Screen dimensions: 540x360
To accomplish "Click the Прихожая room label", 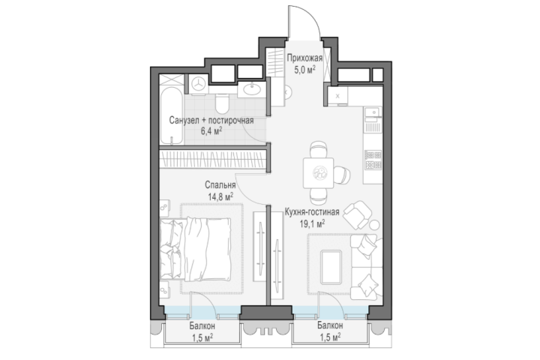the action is point(304,58).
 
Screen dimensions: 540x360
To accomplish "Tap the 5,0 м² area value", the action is point(304,70).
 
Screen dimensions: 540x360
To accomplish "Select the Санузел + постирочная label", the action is point(211,121).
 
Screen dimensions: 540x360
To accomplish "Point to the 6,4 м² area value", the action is point(211,131).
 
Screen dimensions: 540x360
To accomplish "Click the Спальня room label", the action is point(220,185).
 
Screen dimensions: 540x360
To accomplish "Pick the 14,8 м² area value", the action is point(220,196).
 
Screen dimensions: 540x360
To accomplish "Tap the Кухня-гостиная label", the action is point(312,211).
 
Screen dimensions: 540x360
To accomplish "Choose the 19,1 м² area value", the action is point(312,224).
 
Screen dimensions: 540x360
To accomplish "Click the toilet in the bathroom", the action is point(222,103).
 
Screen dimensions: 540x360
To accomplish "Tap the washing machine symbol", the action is point(198,84).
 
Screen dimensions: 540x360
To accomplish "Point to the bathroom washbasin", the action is point(252,89).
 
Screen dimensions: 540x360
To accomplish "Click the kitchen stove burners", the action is point(373,160).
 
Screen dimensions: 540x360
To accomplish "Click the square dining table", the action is point(318,172).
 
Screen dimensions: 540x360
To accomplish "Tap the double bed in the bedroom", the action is point(195,250).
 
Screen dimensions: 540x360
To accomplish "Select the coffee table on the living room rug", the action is point(331,267).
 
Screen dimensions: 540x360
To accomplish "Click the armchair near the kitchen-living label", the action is point(358,214).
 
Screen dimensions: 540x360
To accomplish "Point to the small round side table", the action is point(374,225).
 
